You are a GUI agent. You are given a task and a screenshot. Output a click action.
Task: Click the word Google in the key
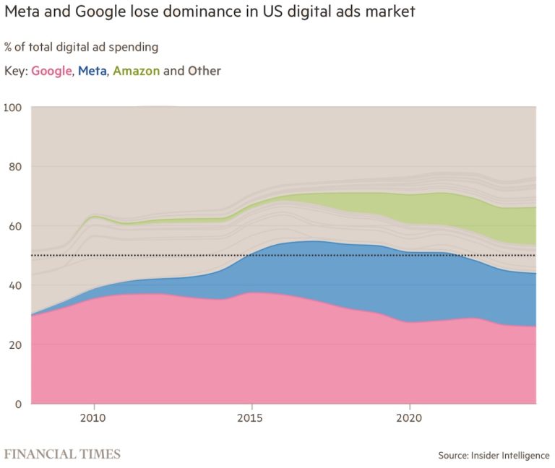click(x=51, y=71)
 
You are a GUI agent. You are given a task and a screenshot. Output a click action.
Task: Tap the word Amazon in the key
click(x=136, y=71)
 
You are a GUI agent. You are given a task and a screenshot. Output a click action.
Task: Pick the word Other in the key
click(x=205, y=71)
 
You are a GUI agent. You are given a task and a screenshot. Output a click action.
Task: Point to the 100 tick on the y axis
click(x=14, y=108)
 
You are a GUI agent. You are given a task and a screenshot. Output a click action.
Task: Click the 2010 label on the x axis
click(x=93, y=417)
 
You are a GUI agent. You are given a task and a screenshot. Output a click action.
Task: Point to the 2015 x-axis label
click(x=251, y=417)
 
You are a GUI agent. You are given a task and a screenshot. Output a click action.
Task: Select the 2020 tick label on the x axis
click(x=410, y=417)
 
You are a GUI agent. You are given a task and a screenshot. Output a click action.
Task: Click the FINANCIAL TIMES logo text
click(x=63, y=454)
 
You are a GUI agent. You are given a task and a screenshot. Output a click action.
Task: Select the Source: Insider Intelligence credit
click(x=493, y=456)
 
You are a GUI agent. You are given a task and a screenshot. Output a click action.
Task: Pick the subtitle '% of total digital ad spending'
click(x=81, y=47)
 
